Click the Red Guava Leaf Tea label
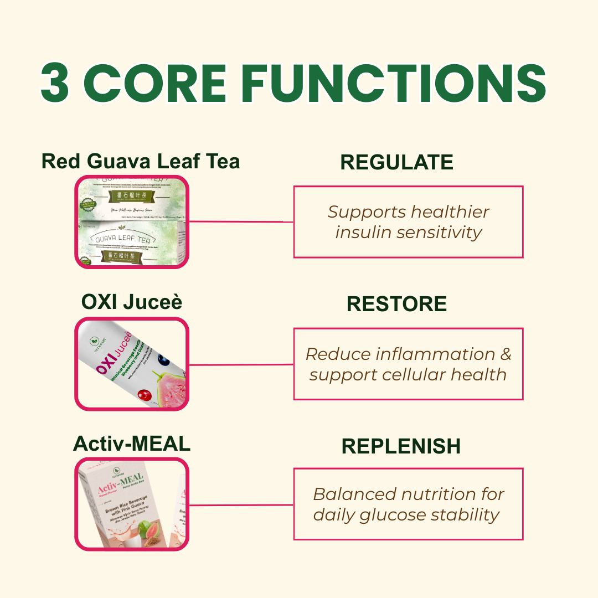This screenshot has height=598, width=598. (141, 161)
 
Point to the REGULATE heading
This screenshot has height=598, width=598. (396, 162)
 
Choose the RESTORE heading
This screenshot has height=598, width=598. (396, 304)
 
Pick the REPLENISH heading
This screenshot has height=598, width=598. (401, 446)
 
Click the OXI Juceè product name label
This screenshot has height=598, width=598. (132, 302)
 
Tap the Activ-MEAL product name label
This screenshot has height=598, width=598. (132, 444)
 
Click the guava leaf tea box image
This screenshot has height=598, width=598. (132, 221)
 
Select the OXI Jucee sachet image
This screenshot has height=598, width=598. (132, 364)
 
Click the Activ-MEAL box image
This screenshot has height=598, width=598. (132, 504)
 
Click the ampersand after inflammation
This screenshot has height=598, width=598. (504, 354)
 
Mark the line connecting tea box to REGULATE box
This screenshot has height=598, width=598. (241, 221)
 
